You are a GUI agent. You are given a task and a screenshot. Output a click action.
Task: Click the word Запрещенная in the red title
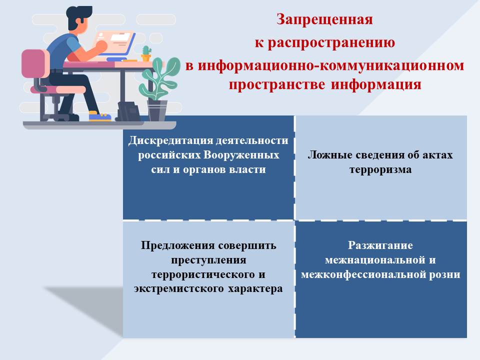click(x=324, y=20)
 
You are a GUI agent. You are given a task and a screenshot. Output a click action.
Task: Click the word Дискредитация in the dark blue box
click(x=170, y=140)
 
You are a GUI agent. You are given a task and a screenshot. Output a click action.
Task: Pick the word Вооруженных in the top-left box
click(x=241, y=155)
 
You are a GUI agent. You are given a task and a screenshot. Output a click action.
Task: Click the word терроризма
click(x=380, y=169)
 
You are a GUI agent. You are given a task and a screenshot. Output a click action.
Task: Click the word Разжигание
click(x=380, y=245)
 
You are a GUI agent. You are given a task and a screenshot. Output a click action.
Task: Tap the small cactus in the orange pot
click(x=146, y=53)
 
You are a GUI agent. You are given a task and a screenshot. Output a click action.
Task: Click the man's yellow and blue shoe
click(x=99, y=116)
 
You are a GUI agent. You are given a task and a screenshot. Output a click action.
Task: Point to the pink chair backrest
click(x=35, y=63)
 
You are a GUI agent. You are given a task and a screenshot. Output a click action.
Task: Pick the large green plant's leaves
click(x=158, y=78)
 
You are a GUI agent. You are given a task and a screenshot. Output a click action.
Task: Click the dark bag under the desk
click(x=128, y=111)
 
